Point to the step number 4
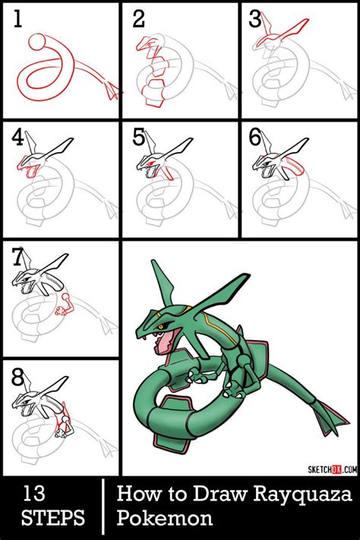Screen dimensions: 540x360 point(19,137)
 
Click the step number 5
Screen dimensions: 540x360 point(138,137)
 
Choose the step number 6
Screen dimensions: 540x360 point(256,137)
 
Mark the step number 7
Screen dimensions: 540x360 point(19,257)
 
